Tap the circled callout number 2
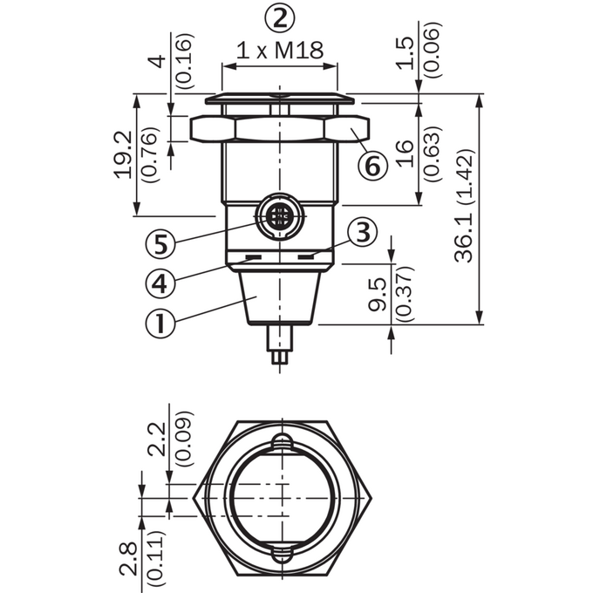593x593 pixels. tap(279, 18)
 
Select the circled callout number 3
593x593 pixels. tap(363, 233)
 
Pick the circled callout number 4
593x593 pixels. tap(160, 283)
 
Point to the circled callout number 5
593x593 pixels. tap(160, 244)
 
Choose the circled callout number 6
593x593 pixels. tap(373, 166)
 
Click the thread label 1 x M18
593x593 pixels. tap(280, 51)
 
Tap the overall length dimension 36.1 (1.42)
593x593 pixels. tap(464, 207)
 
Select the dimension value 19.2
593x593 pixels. tap(123, 154)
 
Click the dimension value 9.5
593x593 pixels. tap(378, 295)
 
